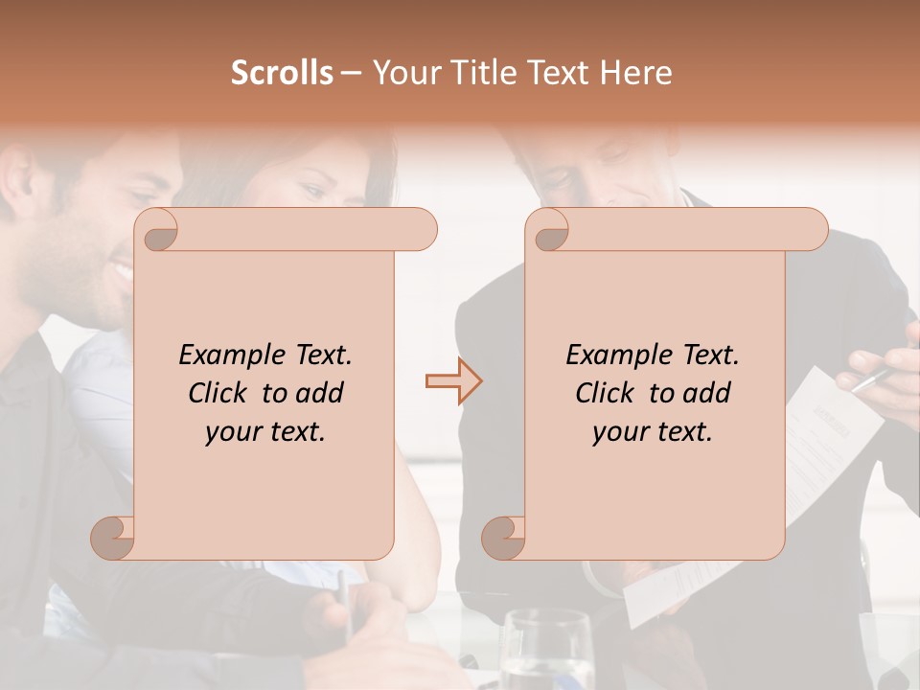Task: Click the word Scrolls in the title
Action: pos(283,73)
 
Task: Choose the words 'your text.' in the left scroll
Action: pos(265,431)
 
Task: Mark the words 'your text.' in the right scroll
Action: pos(653,431)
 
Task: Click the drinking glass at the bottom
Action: pos(545,652)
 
